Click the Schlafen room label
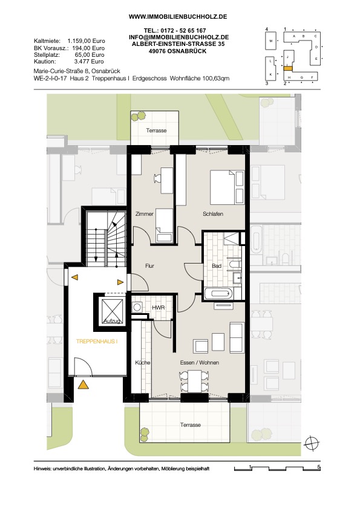coord(213,214)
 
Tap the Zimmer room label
coord(144,214)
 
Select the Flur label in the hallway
coord(149,266)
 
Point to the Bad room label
coord(217,266)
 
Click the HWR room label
coord(159,308)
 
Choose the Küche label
coord(143,363)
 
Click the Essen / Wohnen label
coord(199,363)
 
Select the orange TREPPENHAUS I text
coord(96,342)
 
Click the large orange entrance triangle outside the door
coord(83,385)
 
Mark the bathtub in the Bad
coord(219,294)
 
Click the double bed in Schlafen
coord(227,187)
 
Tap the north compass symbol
coord(312,443)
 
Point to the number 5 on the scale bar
coord(319,467)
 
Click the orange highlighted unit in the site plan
coord(288,68)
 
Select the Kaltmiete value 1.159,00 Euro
coord(86,41)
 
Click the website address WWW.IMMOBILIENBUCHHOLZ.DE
coord(178,16)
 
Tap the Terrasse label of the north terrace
coord(156,131)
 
